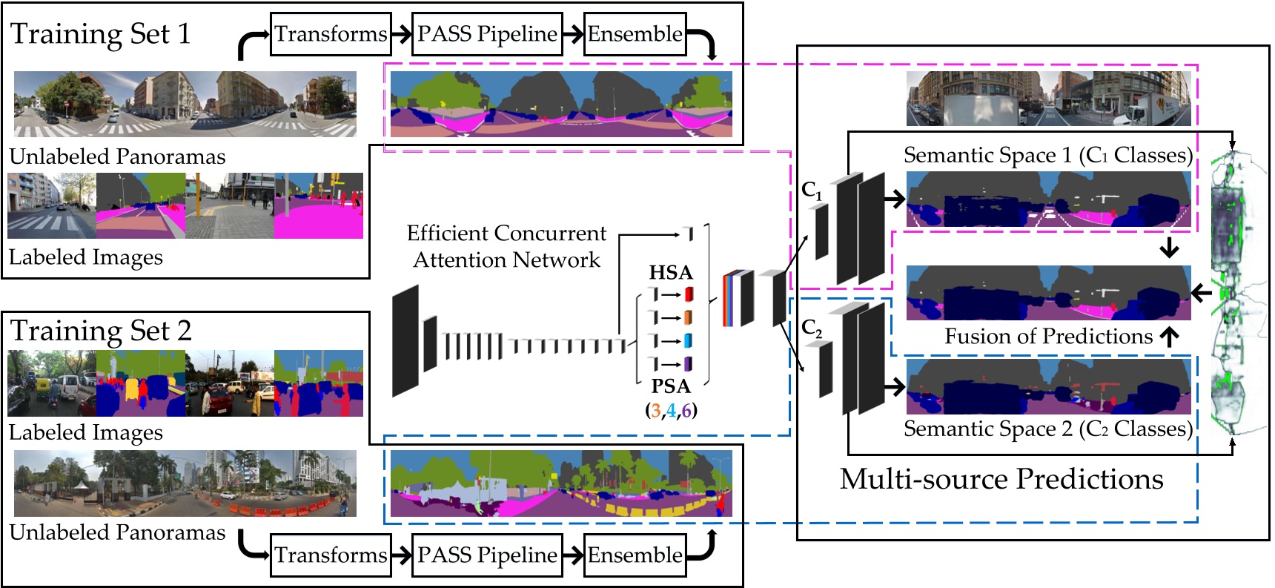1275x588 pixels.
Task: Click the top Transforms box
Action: pyautogui.click(x=331, y=34)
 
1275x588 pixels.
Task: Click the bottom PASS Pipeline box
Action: pyautogui.click(x=486, y=555)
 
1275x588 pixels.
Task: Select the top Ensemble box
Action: pyautogui.click(x=635, y=34)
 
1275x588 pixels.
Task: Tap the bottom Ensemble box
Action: pyautogui.click(x=635, y=555)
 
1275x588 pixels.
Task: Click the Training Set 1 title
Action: pyautogui.click(x=101, y=34)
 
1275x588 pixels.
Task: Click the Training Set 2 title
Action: pyautogui.click(x=101, y=331)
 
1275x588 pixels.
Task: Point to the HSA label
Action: pyautogui.click(x=670, y=272)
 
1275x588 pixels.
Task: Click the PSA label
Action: pyautogui.click(x=670, y=386)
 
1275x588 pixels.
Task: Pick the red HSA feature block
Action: pyautogui.click(x=689, y=294)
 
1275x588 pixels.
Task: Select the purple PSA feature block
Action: pyautogui.click(x=688, y=364)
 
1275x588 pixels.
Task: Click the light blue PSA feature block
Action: pyautogui.click(x=688, y=341)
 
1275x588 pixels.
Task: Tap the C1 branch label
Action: pyautogui.click(x=812, y=191)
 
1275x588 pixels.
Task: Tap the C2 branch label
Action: pyautogui.click(x=812, y=328)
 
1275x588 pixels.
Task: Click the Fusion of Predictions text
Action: pyautogui.click(x=1048, y=337)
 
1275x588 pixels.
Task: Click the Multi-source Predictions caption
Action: pyautogui.click(x=1001, y=480)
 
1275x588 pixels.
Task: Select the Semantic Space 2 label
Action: pyautogui.click(x=1047, y=429)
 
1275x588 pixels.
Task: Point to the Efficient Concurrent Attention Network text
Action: pyautogui.click(x=506, y=246)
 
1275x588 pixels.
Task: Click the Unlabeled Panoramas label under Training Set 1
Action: pyautogui.click(x=117, y=156)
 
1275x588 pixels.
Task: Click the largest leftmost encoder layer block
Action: pyautogui.click(x=405, y=341)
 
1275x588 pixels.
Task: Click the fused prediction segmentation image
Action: pyautogui.click(x=1048, y=293)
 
